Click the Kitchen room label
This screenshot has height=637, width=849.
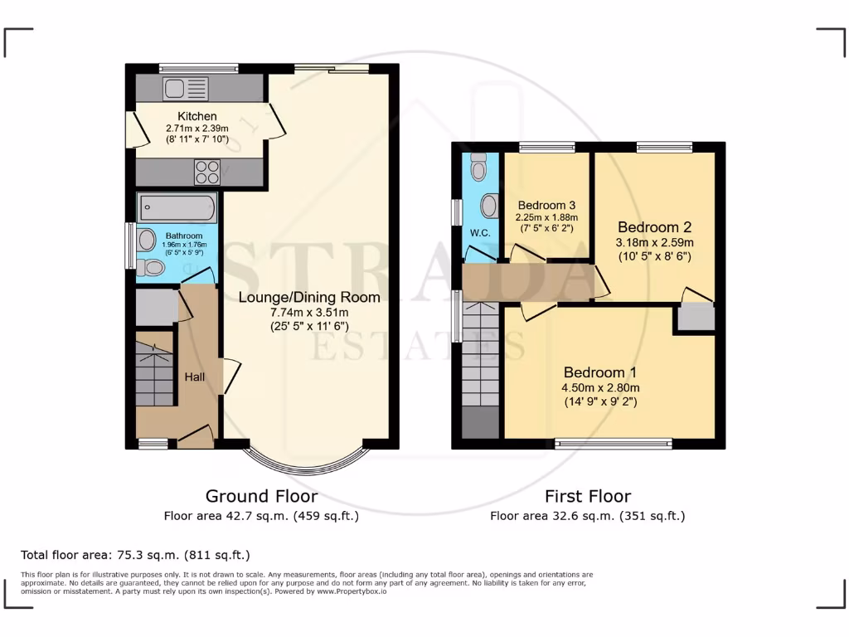pos(197,116)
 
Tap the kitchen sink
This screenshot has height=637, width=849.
pos(187,88)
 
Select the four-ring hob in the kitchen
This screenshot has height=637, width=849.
pos(206,172)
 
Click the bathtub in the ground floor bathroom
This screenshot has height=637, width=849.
pos(177,207)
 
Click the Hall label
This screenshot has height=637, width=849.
pos(195,377)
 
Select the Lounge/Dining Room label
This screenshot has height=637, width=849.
pos(309,297)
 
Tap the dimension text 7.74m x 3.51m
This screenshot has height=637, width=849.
pos(309,312)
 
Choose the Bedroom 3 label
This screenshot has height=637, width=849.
pos(546,205)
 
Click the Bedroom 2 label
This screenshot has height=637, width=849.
pos(653,226)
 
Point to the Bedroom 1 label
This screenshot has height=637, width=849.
pos(601,372)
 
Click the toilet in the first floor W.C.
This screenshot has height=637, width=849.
pos(478,168)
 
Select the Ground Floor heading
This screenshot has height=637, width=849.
pos(261,496)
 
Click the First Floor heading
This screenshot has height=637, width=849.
pos(587,496)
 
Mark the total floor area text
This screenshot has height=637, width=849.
pos(135,555)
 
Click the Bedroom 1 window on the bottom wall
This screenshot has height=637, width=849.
pos(614,444)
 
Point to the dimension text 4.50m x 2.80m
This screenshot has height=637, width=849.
pos(601,387)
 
